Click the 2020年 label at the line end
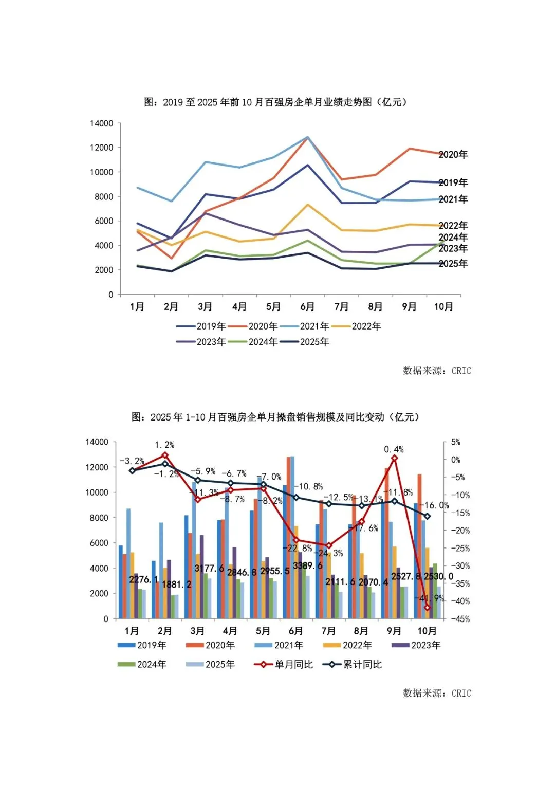(453, 155)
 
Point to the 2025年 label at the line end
(453, 264)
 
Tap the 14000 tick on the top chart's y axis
(101, 123)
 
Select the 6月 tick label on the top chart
(307, 307)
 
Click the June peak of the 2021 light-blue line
(307, 137)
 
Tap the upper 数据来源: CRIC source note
(437, 371)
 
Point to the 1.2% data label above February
(164, 445)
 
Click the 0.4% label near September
(394, 449)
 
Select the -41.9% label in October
(431, 598)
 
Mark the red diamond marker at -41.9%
(427, 608)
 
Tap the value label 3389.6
(308, 565)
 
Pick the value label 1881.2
(176, 585)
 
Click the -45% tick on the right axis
(460, 619)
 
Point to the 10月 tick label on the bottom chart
(427, 631)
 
